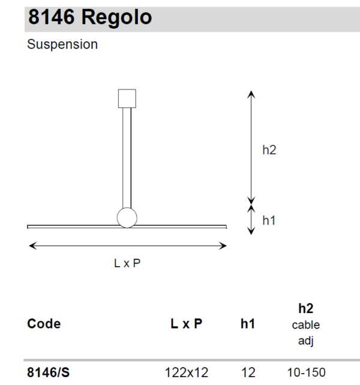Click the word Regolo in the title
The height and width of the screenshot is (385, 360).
click(x=116, y=17)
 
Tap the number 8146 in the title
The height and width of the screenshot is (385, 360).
click(x=51, y=17)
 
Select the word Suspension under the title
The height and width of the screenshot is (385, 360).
click(x=62, y=44)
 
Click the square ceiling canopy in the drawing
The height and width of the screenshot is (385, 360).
click(x=127, y=99)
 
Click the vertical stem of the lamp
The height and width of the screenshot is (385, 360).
click(x=127, y=158)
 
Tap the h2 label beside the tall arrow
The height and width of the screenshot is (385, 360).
click(x=269, y=150)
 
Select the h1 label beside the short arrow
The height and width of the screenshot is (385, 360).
click(x=269, y=220)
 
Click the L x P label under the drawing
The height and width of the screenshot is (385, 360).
click(x=127, y=263)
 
